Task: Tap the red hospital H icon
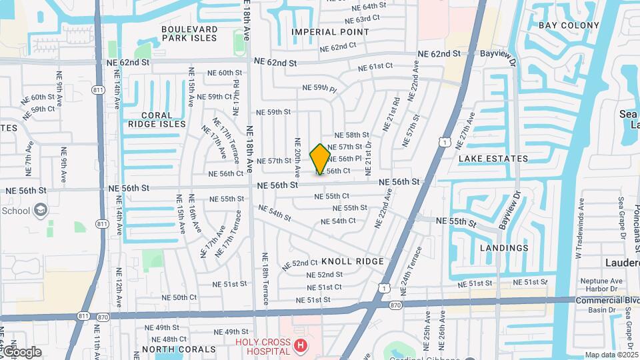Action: [x=301, y=345]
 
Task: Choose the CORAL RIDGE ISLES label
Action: [x=157, y=119]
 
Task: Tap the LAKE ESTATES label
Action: [x=493, y=159]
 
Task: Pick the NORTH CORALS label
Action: [x=179, y=349]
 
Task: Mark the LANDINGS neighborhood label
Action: [x=504, y=248]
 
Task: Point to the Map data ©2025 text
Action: [x=612, y=355]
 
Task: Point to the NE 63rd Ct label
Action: [x=353, y=19]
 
